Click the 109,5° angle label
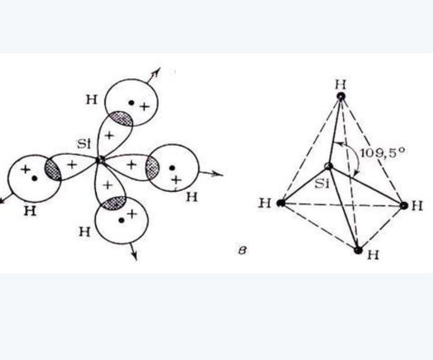coord(382,153)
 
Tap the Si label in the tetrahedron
coord(322,184)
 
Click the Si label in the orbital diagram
coord(84,144)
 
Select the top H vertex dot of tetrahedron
coord(341,96)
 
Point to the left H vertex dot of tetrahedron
coord(281,203)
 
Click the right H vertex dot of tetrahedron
coord(404,206)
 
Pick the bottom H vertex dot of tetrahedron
coord(358,250)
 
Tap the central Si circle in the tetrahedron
coord(329,166)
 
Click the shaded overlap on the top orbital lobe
coord(120,118)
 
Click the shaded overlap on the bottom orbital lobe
coord(114,204)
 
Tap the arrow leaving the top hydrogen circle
coord(153,75)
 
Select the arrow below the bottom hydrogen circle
coord(133,251)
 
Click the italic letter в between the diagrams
coord(242,250)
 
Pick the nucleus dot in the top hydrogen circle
coord(131,103)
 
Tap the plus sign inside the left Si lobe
coord(72,165)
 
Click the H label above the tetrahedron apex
coord(340,84)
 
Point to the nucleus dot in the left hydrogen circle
coord(35,178)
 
